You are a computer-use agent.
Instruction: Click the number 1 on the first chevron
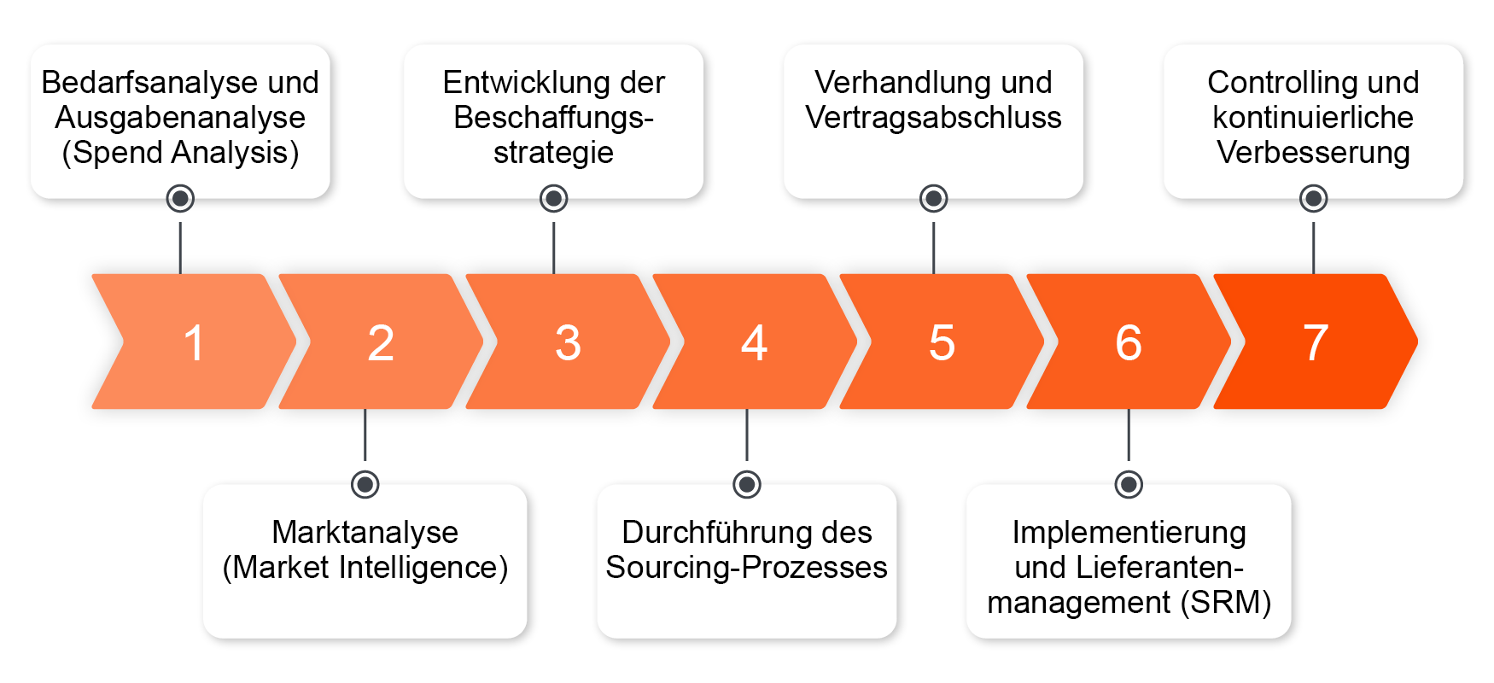coord(194,343)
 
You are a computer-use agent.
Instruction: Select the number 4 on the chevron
coord(754,343)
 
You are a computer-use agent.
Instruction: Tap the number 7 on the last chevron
coord(1315,343)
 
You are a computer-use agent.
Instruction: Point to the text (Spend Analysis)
coord(180,153)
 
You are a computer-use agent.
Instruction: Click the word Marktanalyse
coord(365,532)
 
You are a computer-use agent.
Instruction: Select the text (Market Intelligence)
coord(365,568)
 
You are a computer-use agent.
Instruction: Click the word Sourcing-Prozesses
coord(746,568)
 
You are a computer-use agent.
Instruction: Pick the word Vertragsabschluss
coord(933,118)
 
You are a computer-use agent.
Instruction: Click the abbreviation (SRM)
coord(1225,603)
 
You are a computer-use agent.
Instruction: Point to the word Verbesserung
coord(1313,153)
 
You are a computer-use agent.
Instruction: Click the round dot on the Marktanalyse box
coord(365,484)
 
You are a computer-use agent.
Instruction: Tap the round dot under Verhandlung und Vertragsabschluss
coord(933,199)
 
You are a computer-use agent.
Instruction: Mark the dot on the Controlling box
coord(1313,199)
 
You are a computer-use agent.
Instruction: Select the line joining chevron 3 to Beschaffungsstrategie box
coord(554,248)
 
